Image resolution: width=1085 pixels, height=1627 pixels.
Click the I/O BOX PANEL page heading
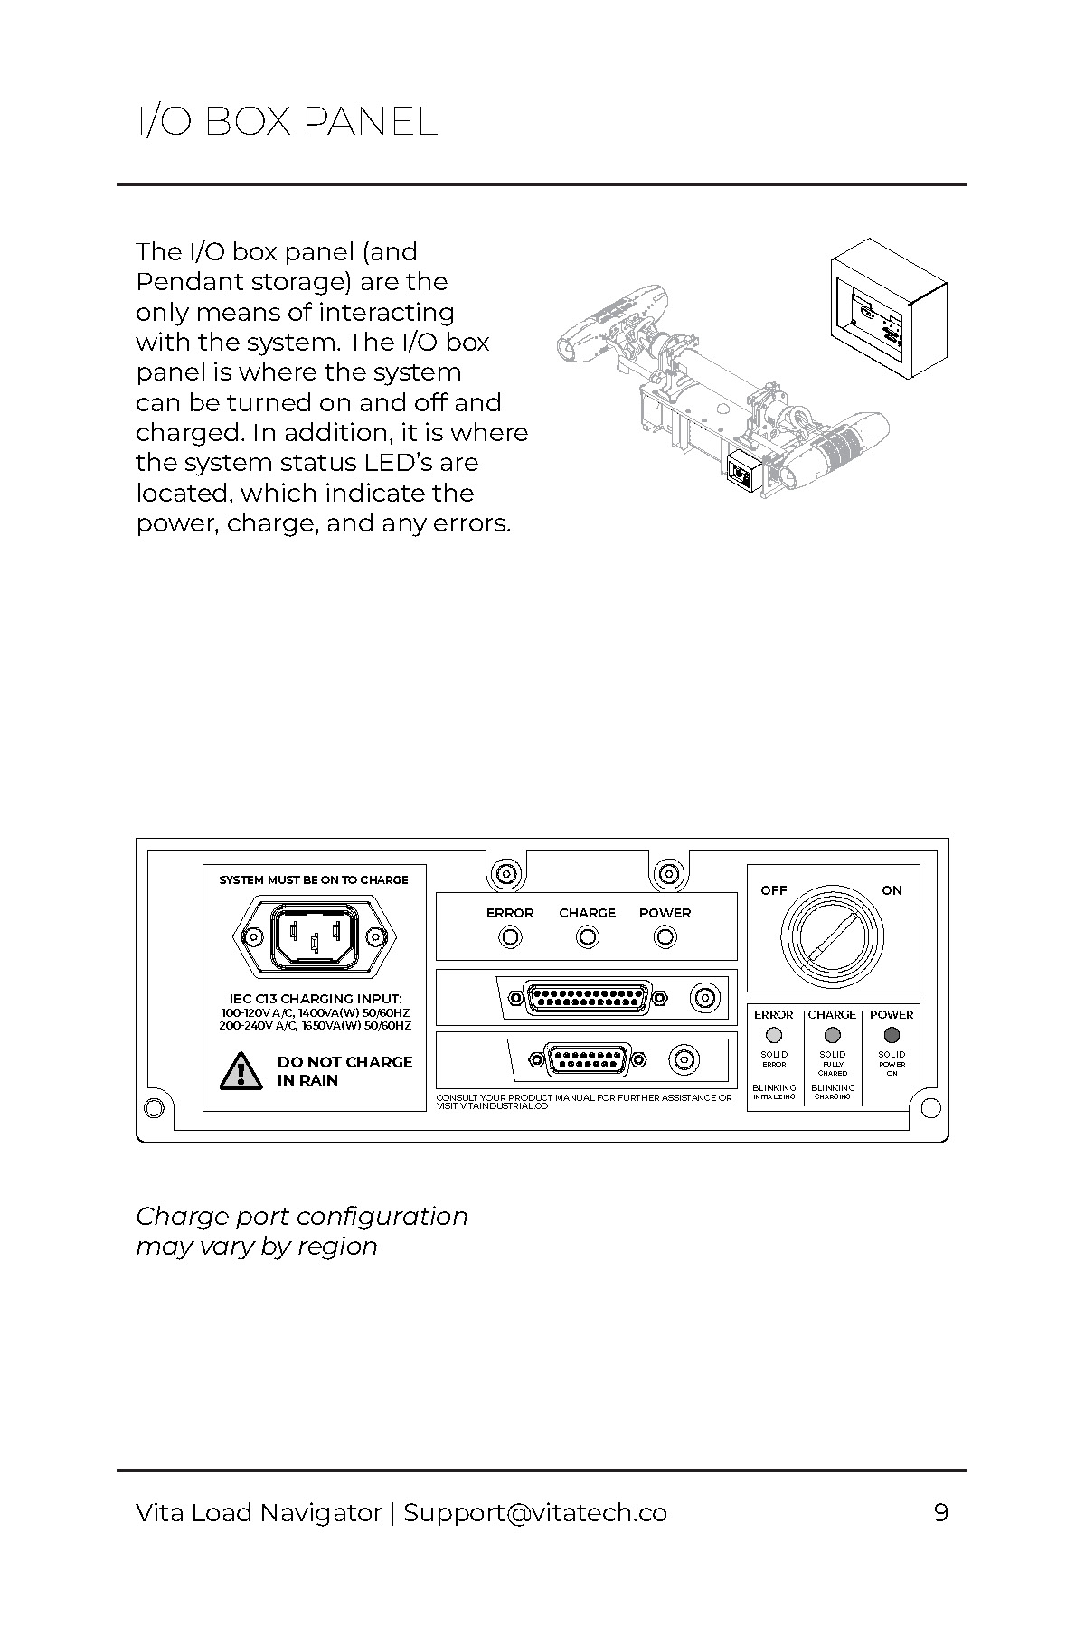[x=287, y=121]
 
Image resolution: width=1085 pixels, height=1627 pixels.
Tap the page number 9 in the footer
[x=940, y=1512]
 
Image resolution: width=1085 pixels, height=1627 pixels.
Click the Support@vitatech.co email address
[x=535, y=1512]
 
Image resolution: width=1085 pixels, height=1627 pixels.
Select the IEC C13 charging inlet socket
[x=314, y=938]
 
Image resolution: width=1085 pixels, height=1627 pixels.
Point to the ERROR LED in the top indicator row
[x=510, y=937]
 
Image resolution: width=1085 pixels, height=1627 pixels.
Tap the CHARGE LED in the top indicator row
[x=588, y=937]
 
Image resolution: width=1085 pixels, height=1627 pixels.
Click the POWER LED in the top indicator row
[x=665, y=937]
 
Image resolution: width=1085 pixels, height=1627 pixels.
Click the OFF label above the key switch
[x=774, y=890]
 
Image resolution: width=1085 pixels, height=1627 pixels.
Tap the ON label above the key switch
[x=892, y=890]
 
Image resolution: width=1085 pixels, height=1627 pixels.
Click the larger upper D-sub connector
[x=589, y=998]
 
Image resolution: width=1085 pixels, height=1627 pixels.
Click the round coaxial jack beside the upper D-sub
[x=704, y=998]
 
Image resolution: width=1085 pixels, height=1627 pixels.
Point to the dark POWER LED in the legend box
[x=892, y=1035]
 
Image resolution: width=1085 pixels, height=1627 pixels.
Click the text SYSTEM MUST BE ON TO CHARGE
[x=314, y=879]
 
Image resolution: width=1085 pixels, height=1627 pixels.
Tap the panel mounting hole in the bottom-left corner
[x=154, y=1106]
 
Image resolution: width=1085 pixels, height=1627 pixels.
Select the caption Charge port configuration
[x=302, y=1217]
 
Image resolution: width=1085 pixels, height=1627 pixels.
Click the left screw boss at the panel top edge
[x=505, y=874]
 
